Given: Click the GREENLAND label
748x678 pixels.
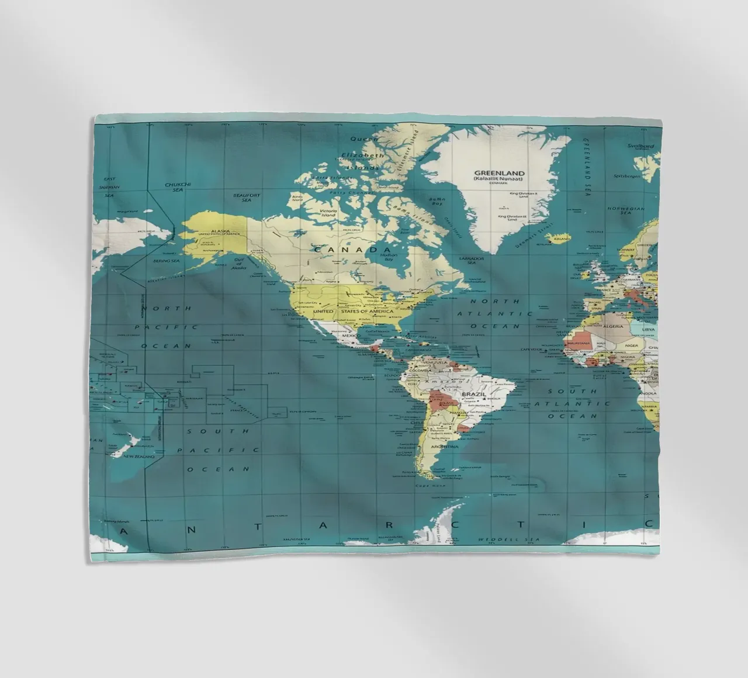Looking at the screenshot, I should point(499,174).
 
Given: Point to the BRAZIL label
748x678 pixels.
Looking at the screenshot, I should point(473,395).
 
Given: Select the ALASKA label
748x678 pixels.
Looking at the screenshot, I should point(220,231).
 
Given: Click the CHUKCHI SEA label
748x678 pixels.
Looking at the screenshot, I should point(174,186).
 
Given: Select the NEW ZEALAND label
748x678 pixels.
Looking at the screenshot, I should point(139,456).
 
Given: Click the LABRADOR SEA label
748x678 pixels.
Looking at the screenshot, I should point(471,260).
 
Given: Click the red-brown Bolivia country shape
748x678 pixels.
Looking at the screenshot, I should point(437,402).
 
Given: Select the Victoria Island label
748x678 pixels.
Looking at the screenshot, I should point(328,213).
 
